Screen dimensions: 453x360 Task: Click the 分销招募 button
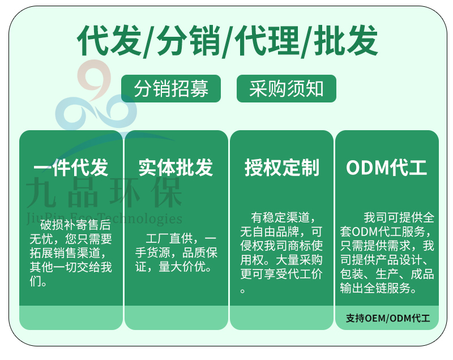click(171, 89)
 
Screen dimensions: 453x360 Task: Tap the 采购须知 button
click(287, 89)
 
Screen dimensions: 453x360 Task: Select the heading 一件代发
click(71, 168)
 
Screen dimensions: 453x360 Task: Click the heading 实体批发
click(176, 168)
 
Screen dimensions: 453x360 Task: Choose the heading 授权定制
click(281, 168)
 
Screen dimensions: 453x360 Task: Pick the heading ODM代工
click(387, 168)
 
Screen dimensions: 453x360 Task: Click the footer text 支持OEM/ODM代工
click(388, 318)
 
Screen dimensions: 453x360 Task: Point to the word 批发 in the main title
click(346, 40)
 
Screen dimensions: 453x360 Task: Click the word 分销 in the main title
click(189, 40)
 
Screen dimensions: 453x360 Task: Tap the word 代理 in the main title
click(267, 40)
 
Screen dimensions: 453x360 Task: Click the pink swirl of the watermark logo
click(95, 78)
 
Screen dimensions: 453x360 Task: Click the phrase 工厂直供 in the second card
click(169, 238)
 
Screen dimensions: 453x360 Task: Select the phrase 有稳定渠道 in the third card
click(280, 217)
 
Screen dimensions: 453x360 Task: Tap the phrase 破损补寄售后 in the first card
click(75, 225)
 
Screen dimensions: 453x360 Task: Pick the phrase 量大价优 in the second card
click(182, 267)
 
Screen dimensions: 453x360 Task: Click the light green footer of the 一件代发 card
click(71, 318)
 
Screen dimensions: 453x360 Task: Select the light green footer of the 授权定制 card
click(281, 318)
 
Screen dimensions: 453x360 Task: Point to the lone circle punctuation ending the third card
click(243, 291)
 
